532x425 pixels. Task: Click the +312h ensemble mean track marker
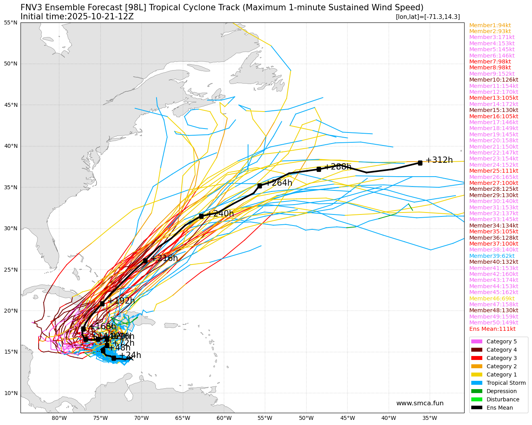[x=420, y=163]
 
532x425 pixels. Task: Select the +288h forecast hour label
[x=338, y=167]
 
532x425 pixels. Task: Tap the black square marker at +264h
[x=259, y=186]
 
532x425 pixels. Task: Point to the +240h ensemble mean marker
[x=201, y=216]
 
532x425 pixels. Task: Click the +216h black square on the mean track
[x=145, y=261]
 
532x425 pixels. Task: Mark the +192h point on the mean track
[x=102, y=304]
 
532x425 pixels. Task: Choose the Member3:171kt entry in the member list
[x=492, y=37]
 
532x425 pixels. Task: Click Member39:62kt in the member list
[x=492, y=256]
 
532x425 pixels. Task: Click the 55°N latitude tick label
[x=11, y=22]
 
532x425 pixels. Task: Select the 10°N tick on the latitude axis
[x=11, y=393]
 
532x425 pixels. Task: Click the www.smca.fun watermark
[x=420, y=403]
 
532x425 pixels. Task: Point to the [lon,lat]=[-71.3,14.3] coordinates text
[x=427, y=17]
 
